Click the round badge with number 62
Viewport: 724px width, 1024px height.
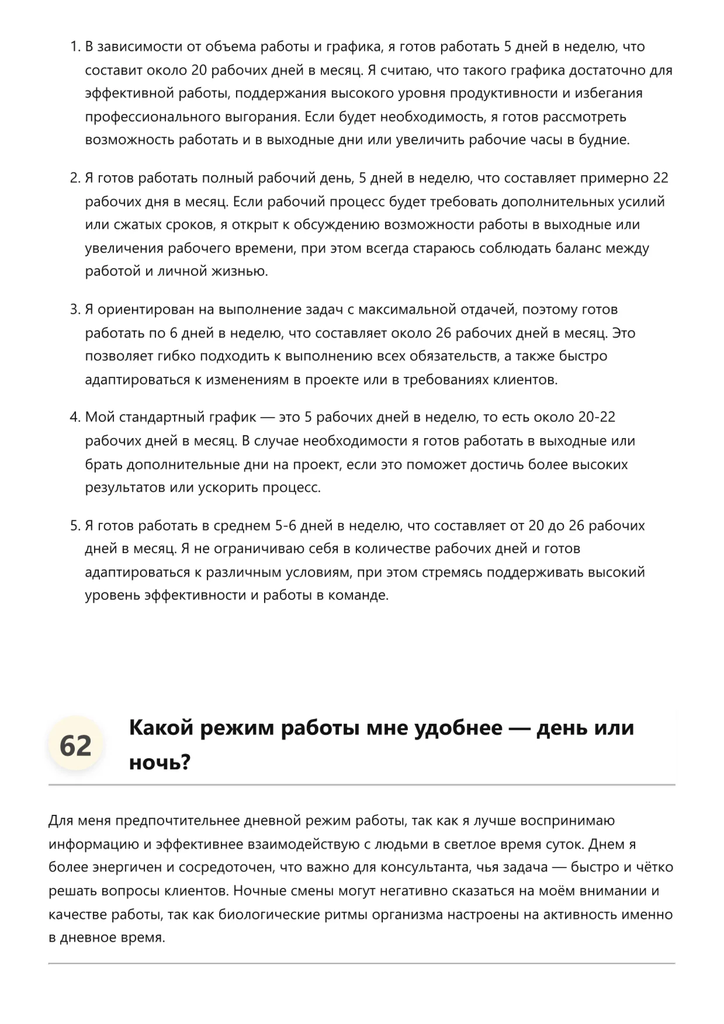[x=75, y=745]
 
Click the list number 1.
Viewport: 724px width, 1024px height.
[x=74, y=47]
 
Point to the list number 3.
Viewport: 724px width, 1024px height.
[x=74, y=310]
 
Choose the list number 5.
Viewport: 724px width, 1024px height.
[x=74, y=526]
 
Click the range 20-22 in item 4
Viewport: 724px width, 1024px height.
[x=597, y=417]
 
